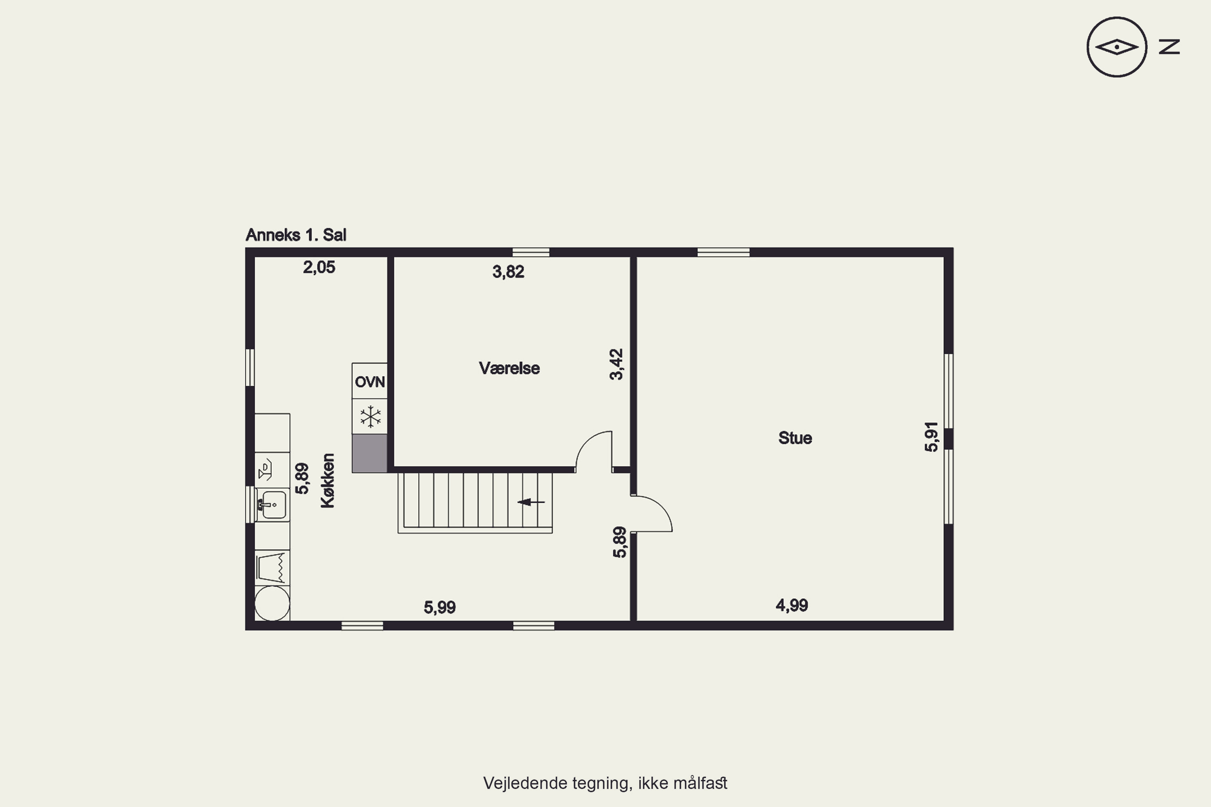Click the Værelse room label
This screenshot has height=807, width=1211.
pos(509,368)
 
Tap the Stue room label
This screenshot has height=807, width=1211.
pos(795,438)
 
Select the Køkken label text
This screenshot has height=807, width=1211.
pos(327,481)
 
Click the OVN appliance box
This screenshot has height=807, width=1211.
pos(370,381)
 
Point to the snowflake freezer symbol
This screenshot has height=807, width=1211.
pos(370,416)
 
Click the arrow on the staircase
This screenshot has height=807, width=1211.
pos(531,502)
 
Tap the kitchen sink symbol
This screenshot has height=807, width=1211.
pos(272,505)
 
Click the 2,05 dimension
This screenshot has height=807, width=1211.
pos(319,267)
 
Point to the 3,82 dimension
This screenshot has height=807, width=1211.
pos(508,272)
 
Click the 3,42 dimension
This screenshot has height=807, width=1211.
pos(616,364)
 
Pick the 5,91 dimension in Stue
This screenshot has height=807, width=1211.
pos(931,437)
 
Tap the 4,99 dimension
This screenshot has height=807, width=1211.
pos(792,605)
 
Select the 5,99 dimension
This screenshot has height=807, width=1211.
pos(440,607)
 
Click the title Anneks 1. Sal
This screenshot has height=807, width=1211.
pos(296,235)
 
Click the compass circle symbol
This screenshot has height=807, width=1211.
pos(1117,47)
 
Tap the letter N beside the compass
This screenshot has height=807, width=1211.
pos(1169,47)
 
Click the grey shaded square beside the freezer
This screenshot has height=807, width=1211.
pos(370,453)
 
